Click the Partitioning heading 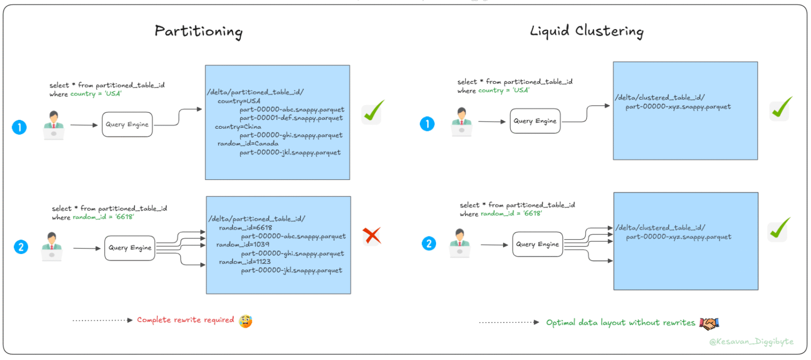coord(199,32)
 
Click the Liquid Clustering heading coord(586,32)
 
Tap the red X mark coord(372,235)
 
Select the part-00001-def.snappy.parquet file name coord(291,118)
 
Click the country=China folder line coord(235,127)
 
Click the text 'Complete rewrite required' coord(185,320)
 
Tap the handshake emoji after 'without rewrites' coord(710,323)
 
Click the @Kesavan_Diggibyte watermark coord(751,342)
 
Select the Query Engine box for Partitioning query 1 coord(127,125)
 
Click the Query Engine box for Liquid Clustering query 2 coord(537,244)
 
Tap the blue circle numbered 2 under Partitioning coord(21,247)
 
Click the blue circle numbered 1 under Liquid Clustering coord(427,124)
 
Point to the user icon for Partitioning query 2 coord(52,247)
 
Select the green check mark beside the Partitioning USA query coord(373,113)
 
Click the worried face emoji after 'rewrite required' coord(245,320)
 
